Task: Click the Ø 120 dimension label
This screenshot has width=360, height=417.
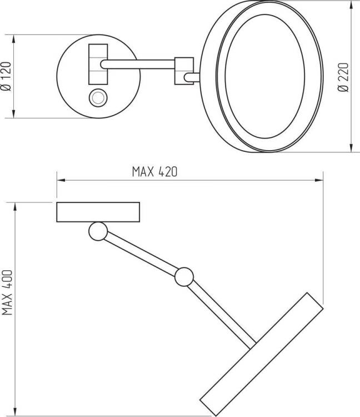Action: coord(6,77)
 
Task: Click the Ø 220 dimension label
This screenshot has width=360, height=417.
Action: coord(343,77)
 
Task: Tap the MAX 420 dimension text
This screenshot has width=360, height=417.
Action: coord(154,172)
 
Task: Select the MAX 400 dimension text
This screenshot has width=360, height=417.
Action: coord(7,292)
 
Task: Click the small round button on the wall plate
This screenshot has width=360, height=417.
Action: coord(98,98)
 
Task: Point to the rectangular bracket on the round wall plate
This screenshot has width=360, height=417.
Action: coord(98,64)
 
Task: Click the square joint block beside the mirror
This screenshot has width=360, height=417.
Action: coord(184,71)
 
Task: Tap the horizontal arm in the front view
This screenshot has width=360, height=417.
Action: coord(138,64)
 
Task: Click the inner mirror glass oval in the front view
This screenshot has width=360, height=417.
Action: coord(265,77)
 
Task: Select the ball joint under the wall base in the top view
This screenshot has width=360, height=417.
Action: coord(98,231)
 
